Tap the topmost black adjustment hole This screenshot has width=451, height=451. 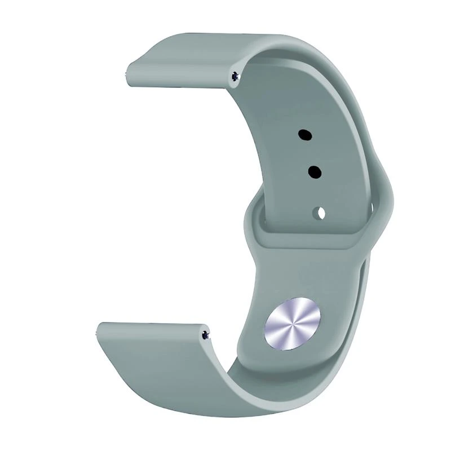(305, 135)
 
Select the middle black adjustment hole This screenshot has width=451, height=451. (314, 171)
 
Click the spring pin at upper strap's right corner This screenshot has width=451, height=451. (235, 76)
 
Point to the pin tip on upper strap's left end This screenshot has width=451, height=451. (127, 72)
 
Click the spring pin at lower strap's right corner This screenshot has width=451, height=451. (205, 335)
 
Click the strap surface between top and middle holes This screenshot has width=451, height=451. (309, 153)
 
